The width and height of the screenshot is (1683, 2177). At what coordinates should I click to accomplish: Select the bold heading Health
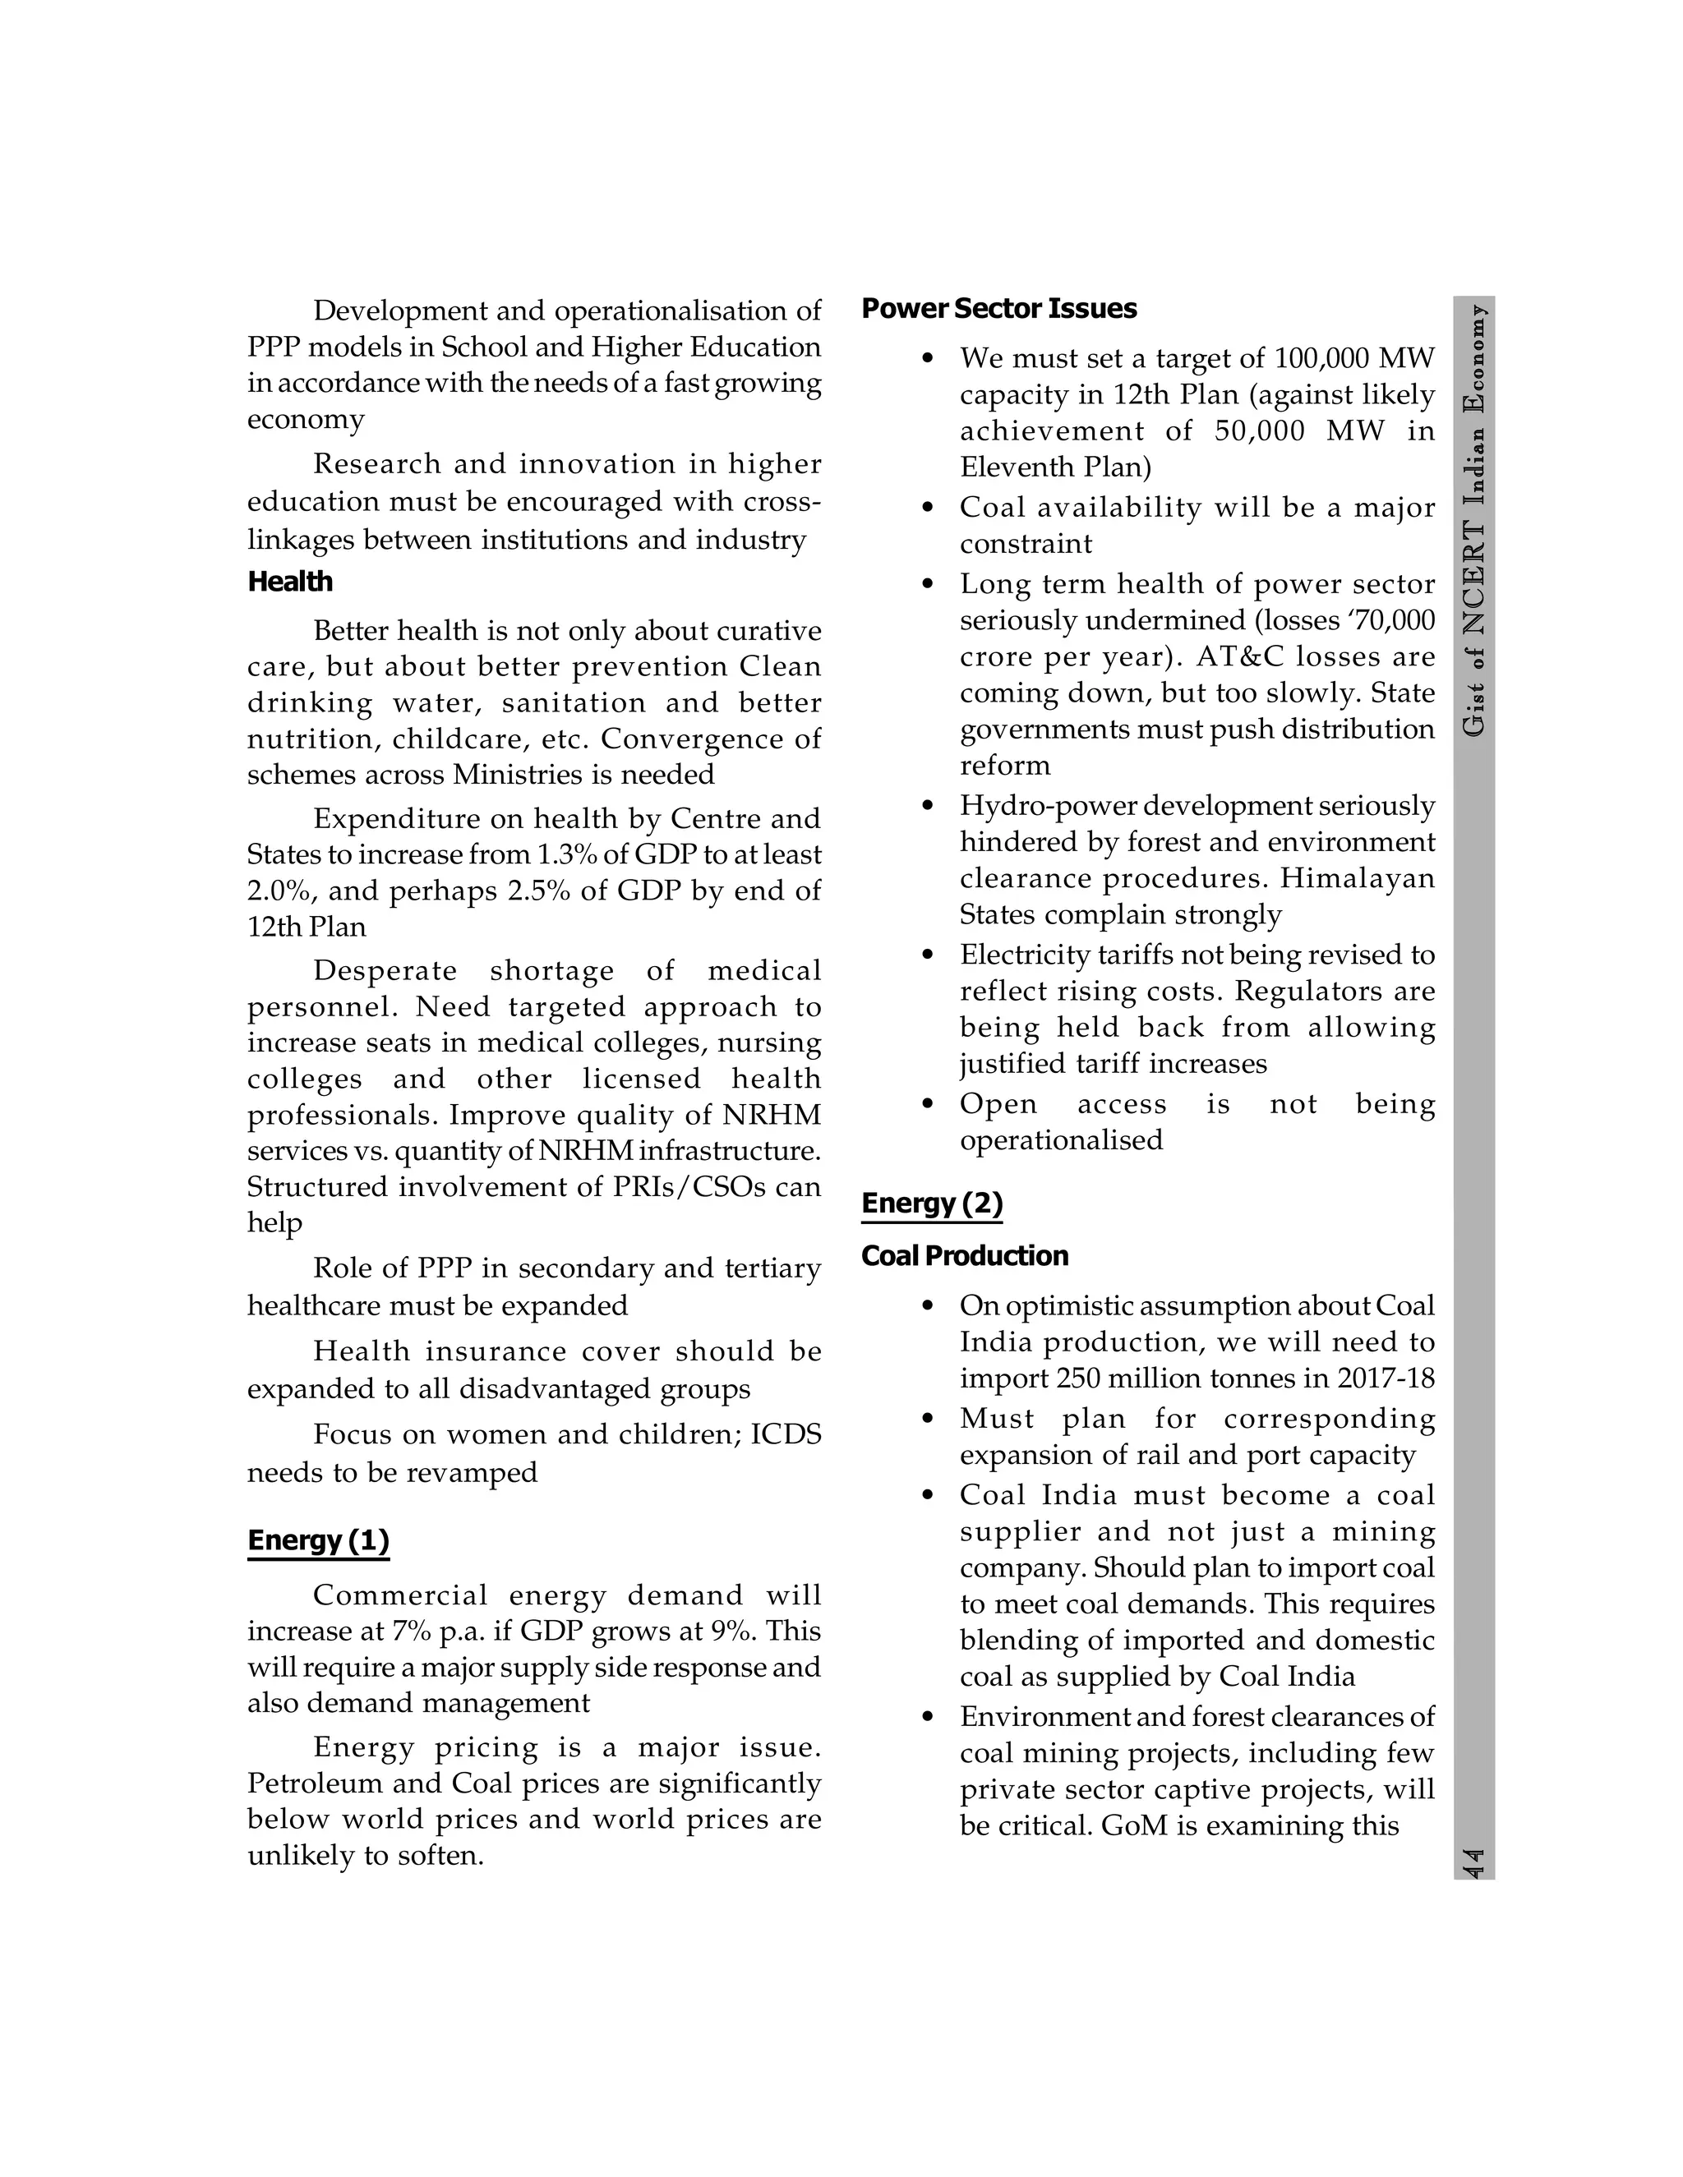(x=290, y=582)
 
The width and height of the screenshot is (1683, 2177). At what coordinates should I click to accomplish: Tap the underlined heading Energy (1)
(x=318, y=1540)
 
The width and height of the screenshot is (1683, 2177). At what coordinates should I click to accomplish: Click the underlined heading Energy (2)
(x=931, y=1204)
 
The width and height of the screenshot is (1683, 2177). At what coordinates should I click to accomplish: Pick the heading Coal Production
(x=964, y=1256)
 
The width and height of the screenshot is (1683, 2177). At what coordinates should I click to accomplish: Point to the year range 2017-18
(x=1386, y=1378)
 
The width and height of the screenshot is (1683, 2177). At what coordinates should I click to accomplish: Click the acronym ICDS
(x=786, y=1434)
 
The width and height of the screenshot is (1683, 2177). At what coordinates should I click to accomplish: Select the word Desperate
(x=385, y=971)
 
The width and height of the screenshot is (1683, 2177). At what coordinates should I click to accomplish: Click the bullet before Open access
(x=929, y=1104)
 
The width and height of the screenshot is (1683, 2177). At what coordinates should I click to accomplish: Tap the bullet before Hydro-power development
(x=929, y=805)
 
